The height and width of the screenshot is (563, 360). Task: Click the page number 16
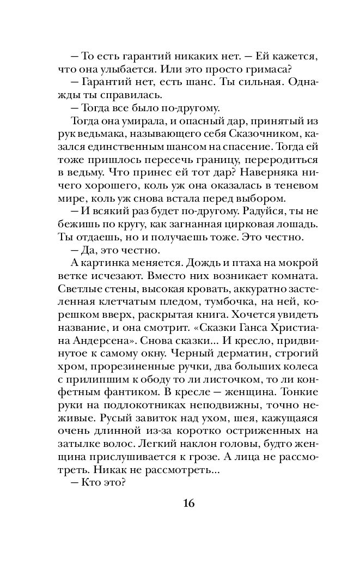pos(180,502)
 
